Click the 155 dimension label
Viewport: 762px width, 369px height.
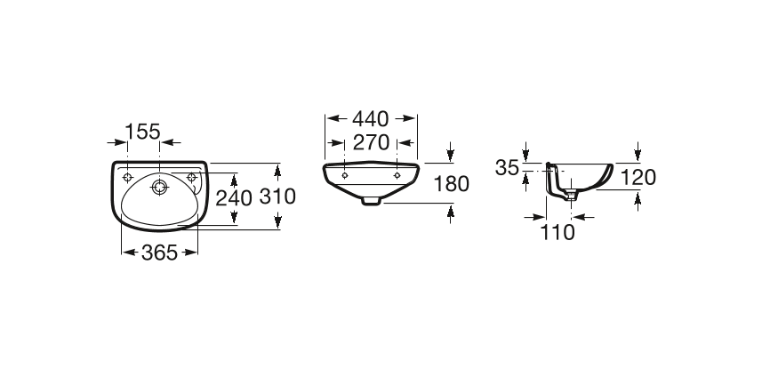[x=142, y=132]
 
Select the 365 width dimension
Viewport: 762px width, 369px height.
[x=159, y=253]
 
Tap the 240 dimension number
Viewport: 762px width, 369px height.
[x=234, y=198]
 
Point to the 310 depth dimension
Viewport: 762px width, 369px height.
[x=277, y=196]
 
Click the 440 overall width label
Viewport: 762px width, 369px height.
[x=371, y=118]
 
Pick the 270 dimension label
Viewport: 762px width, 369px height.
[x=371, y=142]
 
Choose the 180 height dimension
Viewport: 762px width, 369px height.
[x=451, y=184]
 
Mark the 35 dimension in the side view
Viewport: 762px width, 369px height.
[x=507, y=168]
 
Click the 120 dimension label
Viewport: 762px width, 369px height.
[x=638, y=178]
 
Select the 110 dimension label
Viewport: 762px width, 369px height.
[x=557, y=232]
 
